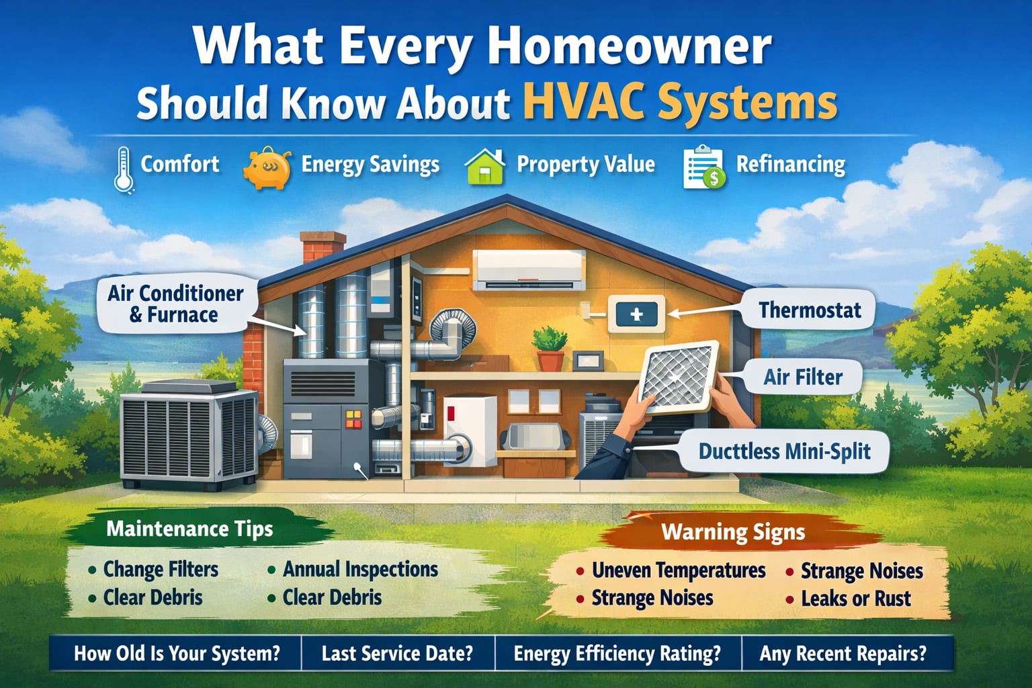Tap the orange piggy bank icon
point(267,168)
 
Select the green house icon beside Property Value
point(485,167)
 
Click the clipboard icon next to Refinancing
point(703,167)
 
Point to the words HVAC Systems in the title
point(680,103)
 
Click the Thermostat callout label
point(809,310)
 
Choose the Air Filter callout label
point(802,377)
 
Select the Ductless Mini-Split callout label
point(784,451)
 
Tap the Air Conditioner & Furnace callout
point(176,304)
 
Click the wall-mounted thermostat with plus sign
point(636,314)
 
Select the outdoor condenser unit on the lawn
point(189,433)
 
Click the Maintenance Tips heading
point(189,529)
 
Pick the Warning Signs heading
point(732,532)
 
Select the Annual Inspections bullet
point(360,570)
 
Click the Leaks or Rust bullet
point(855,599)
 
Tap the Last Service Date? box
point(397,653)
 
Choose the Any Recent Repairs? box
point(843,653)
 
